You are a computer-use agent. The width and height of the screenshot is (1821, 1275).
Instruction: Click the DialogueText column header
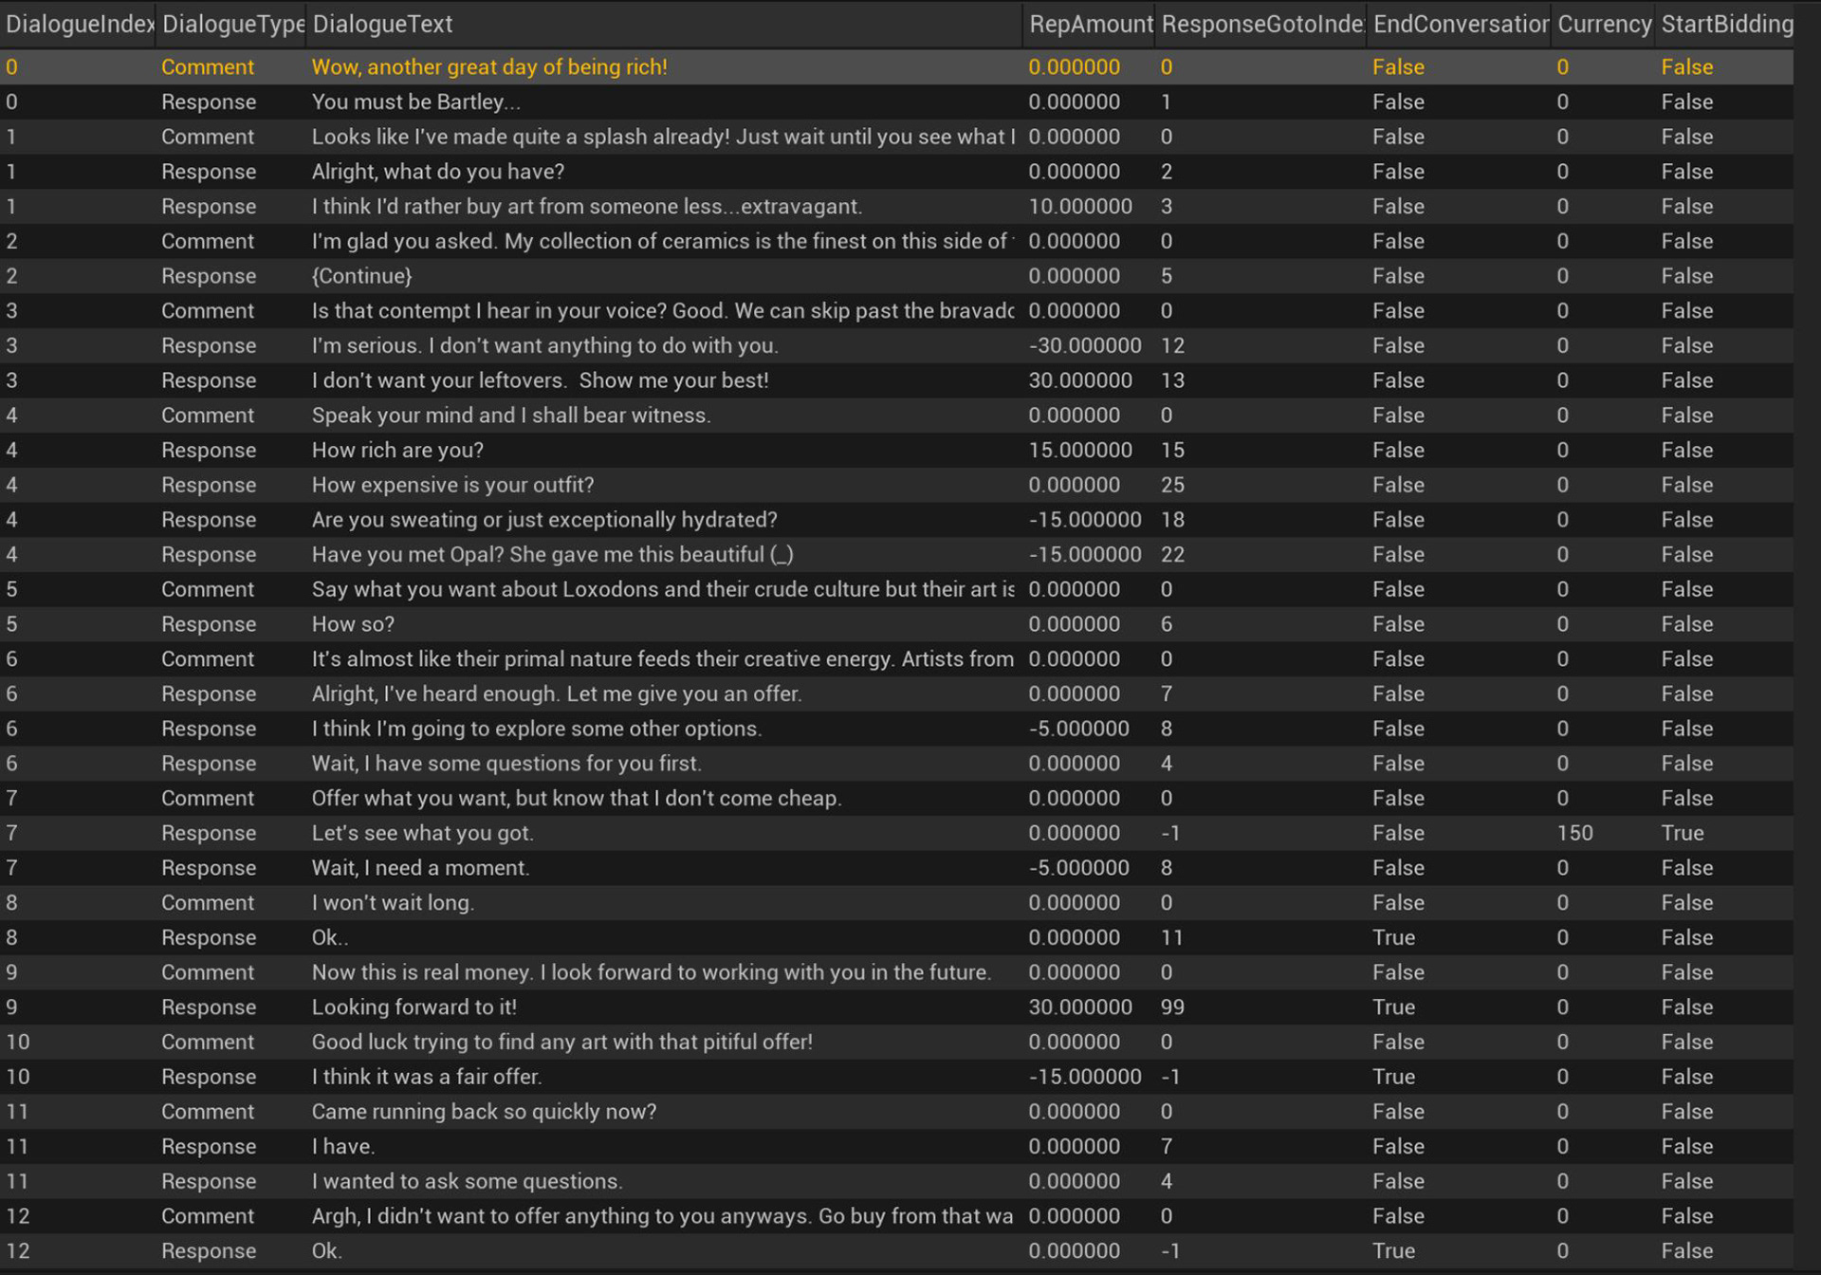click(382, 25)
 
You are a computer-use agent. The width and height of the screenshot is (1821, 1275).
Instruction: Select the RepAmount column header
click(1090, 25)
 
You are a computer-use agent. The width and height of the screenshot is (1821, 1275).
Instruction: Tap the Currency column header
click(1604, 25)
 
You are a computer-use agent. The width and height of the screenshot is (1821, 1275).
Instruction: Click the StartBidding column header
click(1726, 25)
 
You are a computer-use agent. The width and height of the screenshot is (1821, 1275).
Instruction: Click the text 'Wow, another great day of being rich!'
click(489, 67)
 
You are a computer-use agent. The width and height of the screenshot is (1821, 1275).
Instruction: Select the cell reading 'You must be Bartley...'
click(415, 102)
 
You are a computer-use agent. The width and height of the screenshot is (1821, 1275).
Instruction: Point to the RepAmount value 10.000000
click(1079, 207)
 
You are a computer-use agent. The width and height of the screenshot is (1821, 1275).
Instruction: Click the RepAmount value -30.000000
click(1084, 346)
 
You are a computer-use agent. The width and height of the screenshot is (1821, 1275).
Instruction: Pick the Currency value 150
click(1574, 834)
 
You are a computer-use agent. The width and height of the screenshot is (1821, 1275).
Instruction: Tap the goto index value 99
click(1172, 1007)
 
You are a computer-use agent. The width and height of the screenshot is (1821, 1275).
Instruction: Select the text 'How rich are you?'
click(397, 451)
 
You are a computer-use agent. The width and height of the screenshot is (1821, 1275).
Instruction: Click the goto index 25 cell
click(1172, 486)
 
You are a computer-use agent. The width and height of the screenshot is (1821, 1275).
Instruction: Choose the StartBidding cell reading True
click(1682, 834)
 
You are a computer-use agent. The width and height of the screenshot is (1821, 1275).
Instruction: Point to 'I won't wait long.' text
click(393, 903)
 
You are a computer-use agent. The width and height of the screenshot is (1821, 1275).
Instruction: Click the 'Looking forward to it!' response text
click(414, 1007)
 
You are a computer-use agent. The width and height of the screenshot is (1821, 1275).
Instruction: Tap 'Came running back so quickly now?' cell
click(484, 1112)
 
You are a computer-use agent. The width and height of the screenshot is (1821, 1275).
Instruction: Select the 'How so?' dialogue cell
click(353, 624)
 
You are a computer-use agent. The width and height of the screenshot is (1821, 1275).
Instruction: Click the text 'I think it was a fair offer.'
click(427, 1077)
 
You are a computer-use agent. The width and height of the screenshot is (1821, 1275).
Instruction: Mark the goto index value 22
click(1172, 555)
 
